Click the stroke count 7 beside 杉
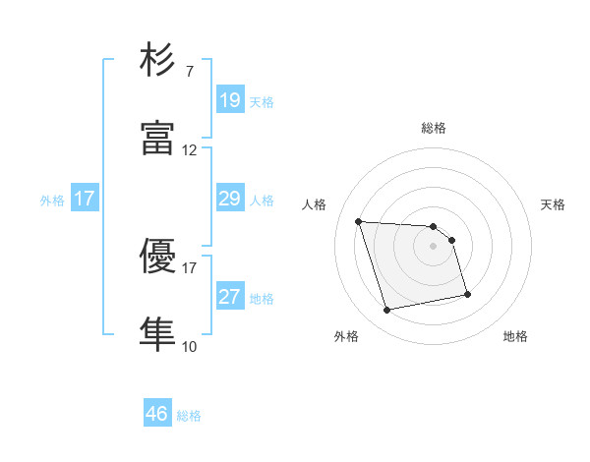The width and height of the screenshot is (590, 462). click(x=189, y=72)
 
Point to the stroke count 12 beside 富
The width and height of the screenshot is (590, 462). click(x=190, y=150)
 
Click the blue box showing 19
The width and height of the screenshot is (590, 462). click(x=229, y=99)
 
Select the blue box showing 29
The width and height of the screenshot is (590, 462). click(x=229, y=199)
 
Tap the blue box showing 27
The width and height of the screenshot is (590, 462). click(x=229, y=297)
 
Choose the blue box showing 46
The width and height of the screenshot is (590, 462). click(x=157, y=414)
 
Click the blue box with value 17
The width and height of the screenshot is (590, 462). click(x=85, y=199)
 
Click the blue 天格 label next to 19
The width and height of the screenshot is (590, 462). click(x=262, y=101)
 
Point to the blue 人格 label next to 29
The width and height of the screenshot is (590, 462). click(x=262, y=201)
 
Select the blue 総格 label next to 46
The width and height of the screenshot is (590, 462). click(x=189, y=416)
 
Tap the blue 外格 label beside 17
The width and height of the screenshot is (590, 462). click(x=52, y=201)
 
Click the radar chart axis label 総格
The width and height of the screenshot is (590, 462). click(x=434, y=128)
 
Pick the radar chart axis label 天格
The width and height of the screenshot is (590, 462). click(x=554, y=204)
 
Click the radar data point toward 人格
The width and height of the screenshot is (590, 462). click(x=359, y=221)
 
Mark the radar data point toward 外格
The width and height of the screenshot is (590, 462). click(x=387, y=311)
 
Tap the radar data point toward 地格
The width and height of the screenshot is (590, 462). click(x=467, y=294)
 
